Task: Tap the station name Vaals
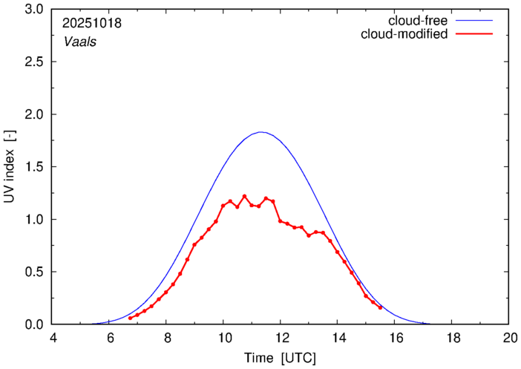[79, 42]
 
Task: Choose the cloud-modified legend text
[404, 34]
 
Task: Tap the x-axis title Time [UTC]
[281, 358]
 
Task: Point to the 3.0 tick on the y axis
[34, 10]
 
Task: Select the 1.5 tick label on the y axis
[34, 167]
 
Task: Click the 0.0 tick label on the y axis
[34, 324]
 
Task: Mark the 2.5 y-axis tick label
[34, 62]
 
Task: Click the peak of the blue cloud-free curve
[261, 132]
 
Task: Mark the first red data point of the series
[130, 318]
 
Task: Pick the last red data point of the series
[380, 307]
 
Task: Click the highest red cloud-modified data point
[244, 196]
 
